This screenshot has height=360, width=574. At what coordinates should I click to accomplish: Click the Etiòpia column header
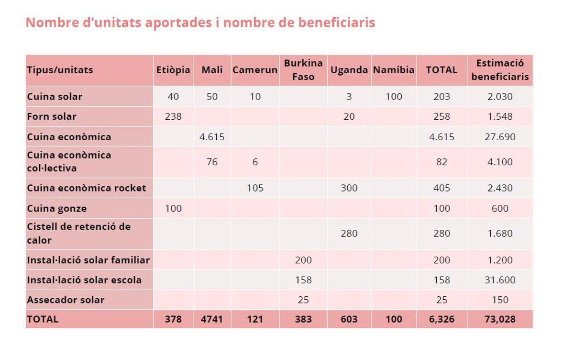(x=173, y=70)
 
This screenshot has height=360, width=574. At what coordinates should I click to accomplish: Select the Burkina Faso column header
(x=303, y=70)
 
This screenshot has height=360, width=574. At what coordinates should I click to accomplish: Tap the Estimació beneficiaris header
(x=500, y=70)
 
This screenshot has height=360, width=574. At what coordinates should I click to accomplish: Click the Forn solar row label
(x=52, y=116)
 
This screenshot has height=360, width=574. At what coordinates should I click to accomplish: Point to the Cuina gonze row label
(x=57, y=208)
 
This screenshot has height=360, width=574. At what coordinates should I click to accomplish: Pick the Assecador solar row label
(x=66, y=300)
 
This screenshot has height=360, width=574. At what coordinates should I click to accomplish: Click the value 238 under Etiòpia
(x=173, y=116)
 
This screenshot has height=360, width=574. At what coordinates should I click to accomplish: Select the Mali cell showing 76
(x=212, y=162)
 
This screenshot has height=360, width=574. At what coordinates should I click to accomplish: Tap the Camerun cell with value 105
(x=255, y=188)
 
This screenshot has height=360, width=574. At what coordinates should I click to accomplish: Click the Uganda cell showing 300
(x=349, y=188)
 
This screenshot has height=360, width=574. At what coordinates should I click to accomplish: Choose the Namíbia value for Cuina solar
(x=394, y=97)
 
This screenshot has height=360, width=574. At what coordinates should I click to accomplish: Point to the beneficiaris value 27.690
(x=500, y=137)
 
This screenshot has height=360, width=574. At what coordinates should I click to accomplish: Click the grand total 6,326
(x=442, y=319)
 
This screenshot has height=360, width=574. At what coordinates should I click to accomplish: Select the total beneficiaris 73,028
(x=500, y=319)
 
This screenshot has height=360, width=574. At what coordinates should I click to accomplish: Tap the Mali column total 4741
(x=212, y=319)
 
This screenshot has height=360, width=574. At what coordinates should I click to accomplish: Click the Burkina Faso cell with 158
(x=303, y=280)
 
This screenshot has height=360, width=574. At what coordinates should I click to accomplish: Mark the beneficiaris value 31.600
(x=500, y=280)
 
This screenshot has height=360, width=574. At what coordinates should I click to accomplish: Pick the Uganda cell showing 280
(x=349, y=234)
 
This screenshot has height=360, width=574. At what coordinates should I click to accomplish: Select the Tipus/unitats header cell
(x=60, y=70)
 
